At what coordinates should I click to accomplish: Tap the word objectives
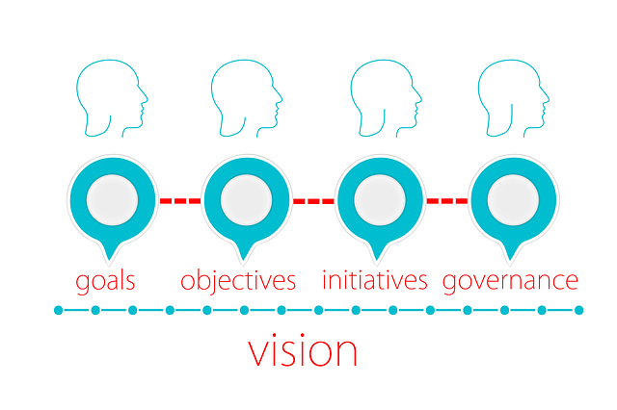[x=238, y=280]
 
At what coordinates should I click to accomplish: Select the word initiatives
[x=375, y=280]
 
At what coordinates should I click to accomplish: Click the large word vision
[x=302, y=350]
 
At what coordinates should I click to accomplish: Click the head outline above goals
[x=112, y=98]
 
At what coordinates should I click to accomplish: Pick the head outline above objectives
[x=247, y=98]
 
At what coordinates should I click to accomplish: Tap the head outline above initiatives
[x=386, y=98]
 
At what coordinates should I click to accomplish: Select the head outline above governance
[x=514, y=98]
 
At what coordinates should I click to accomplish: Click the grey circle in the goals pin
[x=112, y=200]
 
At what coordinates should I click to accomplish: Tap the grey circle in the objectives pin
[x=247, y=200]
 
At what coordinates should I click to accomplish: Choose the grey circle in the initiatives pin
[x=380, y=200]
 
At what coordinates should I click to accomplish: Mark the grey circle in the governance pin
[x=513, y=200]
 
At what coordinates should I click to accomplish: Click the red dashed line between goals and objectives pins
[x=180, y=201]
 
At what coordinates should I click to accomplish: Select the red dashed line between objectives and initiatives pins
[x=313, y=201]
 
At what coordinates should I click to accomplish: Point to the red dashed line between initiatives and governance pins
[x=447, y=201]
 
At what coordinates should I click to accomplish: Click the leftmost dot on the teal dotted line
[x=58, y=310]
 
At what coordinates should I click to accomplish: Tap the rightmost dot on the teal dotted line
[x=578, y=310]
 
